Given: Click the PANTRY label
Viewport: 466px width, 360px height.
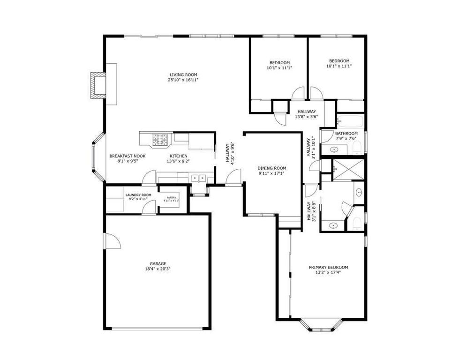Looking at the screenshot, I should (x=170, y=198).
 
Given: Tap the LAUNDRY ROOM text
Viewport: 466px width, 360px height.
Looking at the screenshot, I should (x=138, y=195).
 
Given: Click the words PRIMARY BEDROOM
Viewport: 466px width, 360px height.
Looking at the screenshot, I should (x=328, y=267).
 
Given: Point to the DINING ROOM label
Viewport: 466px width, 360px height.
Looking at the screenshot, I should (x=272, y=168).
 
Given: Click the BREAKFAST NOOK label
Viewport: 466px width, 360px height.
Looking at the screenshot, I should (x=127, y=156).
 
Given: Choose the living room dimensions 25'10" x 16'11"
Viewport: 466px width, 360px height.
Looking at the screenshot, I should (x=183, y=80).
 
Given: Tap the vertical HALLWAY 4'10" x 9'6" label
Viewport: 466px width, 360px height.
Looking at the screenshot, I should (x=229, y=153).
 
